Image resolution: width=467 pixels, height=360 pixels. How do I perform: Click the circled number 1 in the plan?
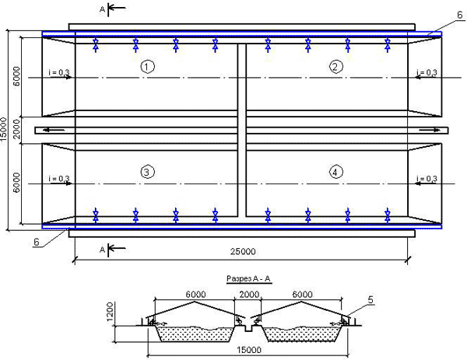click(147, 66)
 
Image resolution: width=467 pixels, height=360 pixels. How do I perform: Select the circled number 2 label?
click(336, 66)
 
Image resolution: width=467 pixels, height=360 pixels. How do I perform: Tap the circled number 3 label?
click(147, 172)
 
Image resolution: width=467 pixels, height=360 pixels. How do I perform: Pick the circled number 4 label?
click(336, 172)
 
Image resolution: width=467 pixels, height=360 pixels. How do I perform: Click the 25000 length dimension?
click(243, 252)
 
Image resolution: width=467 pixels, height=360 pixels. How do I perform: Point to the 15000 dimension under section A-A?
click(249, 350)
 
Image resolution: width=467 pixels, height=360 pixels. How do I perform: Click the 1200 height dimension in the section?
click(110, 312)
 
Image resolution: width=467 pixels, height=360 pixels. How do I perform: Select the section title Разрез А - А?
click(249, 279)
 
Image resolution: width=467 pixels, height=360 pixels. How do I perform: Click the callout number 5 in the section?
click(370, 300)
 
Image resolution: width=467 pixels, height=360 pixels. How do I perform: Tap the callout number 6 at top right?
click(460, 15)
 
